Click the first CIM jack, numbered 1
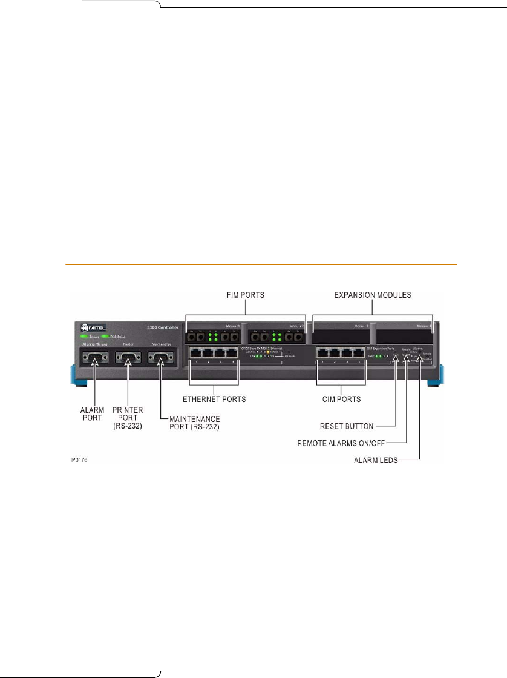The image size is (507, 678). click(322, 353)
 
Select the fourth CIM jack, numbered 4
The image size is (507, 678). click(358, 353)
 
